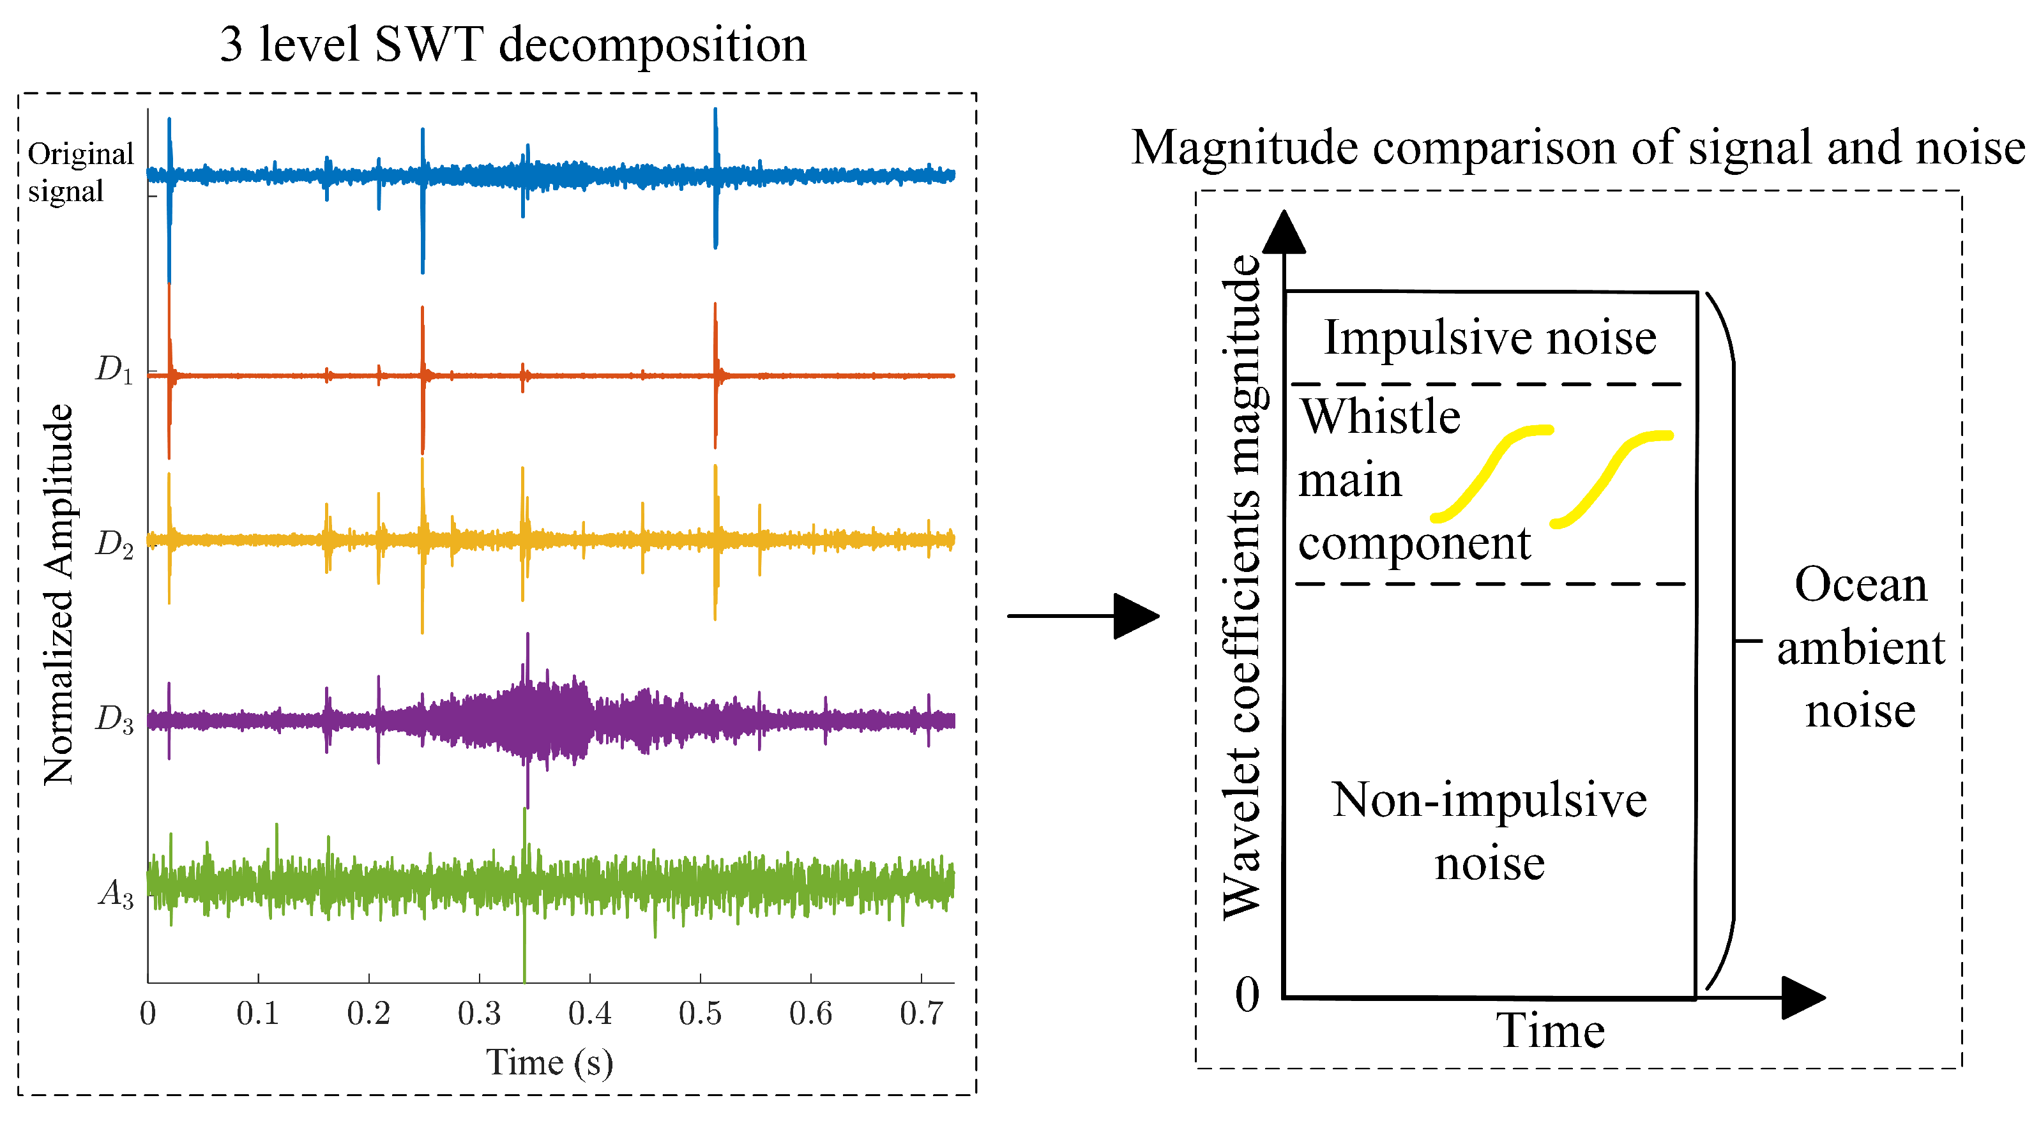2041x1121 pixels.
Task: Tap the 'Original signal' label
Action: (79, 172)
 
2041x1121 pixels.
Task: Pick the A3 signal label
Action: (116, 894)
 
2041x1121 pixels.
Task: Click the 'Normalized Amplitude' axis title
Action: (59, 594)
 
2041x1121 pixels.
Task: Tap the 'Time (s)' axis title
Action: (549, 1063)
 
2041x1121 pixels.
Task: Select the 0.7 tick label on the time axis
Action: (921, 1013)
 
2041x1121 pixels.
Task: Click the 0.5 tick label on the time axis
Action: (700, 1013)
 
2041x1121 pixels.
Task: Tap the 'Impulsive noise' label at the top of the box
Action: (1489, 338)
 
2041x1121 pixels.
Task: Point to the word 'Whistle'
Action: (1380, 417)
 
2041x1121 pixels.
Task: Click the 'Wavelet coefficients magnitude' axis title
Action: (1241, 586)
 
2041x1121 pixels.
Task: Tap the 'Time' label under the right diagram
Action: (1550, 1032)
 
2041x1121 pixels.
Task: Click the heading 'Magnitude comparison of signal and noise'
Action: (1577, 148)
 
